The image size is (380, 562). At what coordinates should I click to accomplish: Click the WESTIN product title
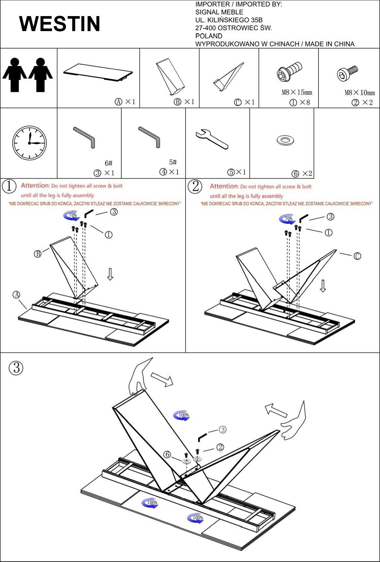60,24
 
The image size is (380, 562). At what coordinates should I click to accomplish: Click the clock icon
29,143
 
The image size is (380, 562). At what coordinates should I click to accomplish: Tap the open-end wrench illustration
212,139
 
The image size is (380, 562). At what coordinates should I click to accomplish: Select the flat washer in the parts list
285,140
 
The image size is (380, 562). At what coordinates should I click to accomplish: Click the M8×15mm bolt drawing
289,72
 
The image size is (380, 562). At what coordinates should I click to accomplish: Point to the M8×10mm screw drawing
347,73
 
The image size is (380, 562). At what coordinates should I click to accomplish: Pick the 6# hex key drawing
85,138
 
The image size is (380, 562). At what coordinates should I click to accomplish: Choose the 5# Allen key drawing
150,137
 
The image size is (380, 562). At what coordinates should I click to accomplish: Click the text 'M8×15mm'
297,92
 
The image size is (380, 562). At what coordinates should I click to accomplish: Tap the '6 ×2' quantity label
302,173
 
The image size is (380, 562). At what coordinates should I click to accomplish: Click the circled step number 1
9,186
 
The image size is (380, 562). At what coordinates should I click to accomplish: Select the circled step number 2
195,186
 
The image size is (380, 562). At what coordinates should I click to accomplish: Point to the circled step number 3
16,368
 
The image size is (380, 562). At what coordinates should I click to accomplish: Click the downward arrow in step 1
110,274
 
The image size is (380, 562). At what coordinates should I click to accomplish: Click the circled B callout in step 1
38,254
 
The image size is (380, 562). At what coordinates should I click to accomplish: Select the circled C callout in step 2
357,256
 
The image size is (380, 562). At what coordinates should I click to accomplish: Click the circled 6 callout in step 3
167,454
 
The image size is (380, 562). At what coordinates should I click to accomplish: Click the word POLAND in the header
209,36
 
